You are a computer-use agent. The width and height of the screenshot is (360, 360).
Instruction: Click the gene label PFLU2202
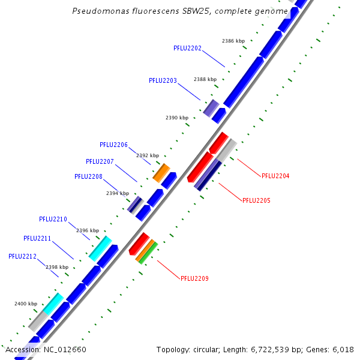187,48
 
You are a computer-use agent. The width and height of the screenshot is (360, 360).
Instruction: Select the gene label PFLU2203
163,80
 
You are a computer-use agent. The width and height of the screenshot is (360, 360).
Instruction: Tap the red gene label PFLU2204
275,176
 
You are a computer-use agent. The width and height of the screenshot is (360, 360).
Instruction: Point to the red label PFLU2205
256,200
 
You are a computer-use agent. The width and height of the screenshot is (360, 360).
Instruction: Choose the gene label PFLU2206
113,145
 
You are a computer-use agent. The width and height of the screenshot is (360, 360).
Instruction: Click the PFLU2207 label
100,161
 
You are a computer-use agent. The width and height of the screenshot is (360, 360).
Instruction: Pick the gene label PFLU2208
88,176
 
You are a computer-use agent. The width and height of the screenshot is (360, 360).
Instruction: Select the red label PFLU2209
194,278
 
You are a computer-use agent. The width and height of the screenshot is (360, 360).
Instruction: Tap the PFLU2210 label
53,219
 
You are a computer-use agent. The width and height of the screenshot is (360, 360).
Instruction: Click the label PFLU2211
37,238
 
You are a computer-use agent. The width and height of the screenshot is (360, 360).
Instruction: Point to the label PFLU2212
22,256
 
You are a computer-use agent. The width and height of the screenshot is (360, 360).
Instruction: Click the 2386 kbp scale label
233,41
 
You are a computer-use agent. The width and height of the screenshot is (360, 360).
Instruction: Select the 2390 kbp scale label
177,118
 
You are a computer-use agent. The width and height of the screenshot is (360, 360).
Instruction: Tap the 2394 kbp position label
118,193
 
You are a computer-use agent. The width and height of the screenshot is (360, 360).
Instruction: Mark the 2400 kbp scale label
26,304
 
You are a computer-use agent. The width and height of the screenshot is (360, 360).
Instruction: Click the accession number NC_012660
65,349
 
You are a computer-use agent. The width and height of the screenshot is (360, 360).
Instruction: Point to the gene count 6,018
343,349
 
